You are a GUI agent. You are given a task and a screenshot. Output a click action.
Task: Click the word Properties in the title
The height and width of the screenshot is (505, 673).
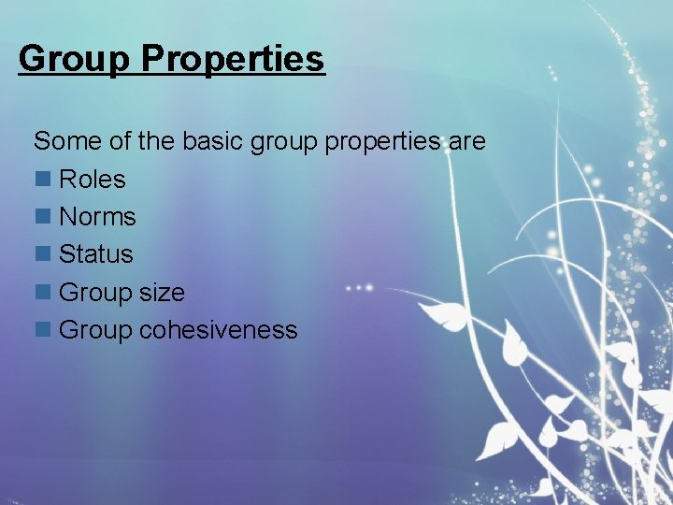[233, 59]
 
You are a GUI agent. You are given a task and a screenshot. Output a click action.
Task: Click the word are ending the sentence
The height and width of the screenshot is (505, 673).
[467, 142]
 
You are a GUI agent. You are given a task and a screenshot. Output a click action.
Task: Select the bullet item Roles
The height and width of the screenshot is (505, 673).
[92, 179]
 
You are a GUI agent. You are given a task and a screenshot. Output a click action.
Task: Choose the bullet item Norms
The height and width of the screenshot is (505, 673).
[97, 217]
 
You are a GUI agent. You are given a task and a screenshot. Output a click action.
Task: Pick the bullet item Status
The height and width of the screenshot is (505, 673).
[95, 254]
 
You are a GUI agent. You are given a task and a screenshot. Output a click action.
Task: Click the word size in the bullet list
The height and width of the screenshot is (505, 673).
[163, 293]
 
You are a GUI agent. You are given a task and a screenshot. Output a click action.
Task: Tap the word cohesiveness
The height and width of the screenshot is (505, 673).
[218, 330]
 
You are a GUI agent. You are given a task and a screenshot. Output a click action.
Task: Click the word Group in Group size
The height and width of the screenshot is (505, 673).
[96, 293]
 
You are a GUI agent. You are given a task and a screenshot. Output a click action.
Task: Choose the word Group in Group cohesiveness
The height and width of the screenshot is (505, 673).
[96, 330]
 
